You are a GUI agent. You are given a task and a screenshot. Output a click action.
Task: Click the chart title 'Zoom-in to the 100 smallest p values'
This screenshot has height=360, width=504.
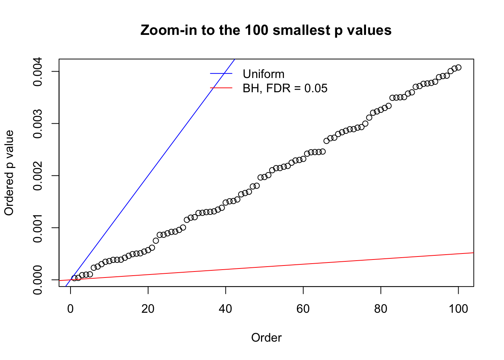click(x=266, y=30)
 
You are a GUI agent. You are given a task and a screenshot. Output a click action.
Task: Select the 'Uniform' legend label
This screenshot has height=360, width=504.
click(x=263, y=74)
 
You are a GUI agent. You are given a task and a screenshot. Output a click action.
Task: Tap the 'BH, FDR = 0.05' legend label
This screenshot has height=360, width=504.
click(x=285, y=88)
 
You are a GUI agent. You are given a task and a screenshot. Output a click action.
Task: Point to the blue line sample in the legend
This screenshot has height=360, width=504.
click(x=221, y=74)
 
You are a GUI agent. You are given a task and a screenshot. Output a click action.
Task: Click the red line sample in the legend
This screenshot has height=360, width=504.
click(x=221, y=88)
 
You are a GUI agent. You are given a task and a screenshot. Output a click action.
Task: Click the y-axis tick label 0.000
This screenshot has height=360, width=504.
click(x=37, y=280)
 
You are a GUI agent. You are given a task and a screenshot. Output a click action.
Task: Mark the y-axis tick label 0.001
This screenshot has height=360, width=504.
click(x=37, y=228)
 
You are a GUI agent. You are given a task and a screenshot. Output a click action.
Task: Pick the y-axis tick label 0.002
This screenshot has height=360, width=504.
click(x=37, y=175)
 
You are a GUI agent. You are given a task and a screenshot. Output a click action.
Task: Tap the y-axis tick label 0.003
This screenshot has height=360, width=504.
click(x=37, y=124)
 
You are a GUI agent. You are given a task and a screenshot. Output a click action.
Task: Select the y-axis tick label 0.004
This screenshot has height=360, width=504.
click(x=37, y=72)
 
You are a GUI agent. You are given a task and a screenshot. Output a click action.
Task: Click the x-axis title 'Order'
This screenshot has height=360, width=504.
click(x=266, y=337)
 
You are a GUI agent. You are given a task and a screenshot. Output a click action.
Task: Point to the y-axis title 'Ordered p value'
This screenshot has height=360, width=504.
click(x=9, y=173)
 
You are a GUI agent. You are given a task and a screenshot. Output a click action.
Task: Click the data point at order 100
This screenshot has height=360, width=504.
click(x=458, y=67)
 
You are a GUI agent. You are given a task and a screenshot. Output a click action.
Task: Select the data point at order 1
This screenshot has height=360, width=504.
click(x=74, y=278)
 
